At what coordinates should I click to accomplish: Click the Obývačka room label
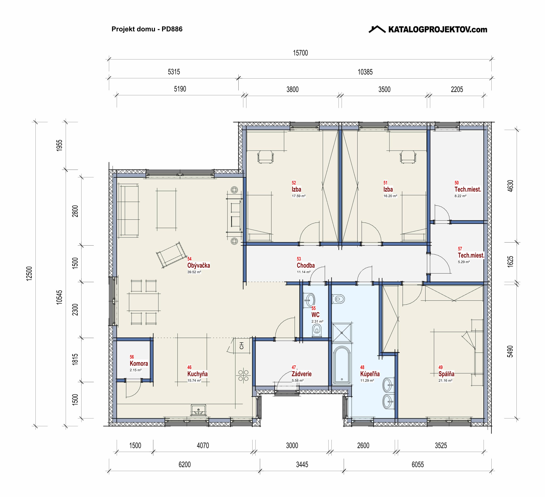198,266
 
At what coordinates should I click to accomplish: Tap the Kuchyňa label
197,374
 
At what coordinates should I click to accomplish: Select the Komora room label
139,363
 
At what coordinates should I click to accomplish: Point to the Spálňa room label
446,374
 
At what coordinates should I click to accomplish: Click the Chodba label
306,265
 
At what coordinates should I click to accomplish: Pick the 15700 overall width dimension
300,53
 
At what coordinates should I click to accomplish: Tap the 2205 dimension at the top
457,89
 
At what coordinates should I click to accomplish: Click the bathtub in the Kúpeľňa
342,365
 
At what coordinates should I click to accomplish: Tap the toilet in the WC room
317,331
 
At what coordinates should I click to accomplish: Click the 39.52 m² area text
194,272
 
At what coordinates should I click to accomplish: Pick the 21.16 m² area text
445,381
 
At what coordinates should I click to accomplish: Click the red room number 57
460,249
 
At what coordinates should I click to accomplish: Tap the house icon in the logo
377,29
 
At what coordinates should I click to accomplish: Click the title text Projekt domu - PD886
147,29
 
